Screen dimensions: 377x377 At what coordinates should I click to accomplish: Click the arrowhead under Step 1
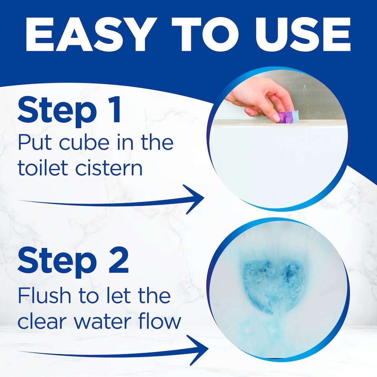[x=195, y=199]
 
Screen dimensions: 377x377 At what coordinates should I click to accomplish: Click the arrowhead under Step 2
[x=199, y=350]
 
